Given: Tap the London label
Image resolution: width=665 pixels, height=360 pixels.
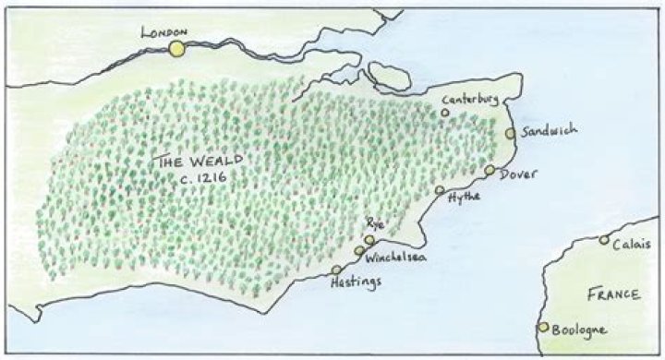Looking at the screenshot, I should pyautogui.click(x=164, y=31).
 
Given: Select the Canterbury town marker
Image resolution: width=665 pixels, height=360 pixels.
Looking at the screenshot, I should pyautogui.click(x=445, y=113).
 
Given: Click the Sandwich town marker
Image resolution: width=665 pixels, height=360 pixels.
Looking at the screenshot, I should pyautogui.click(x=511, y=133).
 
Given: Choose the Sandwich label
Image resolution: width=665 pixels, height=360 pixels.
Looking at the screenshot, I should pyautogui.click(x=549, y=130).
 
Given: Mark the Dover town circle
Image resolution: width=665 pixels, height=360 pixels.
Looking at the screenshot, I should pyautogui.click(x=490, y=170).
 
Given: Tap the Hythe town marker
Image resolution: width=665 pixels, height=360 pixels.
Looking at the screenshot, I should pyautogui.click(x=440, y=190).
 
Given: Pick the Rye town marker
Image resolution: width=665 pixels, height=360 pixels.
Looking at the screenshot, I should pyautogui.click(x=369, y=240).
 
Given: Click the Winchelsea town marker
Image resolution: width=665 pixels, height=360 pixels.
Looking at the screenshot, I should pyautogui.click(x=359, y=251).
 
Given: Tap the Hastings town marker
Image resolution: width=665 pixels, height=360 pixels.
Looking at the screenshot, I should pyautogui.click(x=336, y=270).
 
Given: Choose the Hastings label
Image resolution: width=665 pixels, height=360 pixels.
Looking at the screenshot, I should pyautogui.click(x=355, y=285).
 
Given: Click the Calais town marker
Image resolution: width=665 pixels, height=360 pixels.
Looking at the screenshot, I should pyautogui.click(x=604, y=240).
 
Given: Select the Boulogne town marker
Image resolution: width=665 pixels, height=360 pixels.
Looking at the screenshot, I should pyautogui.click(x=543, y=327).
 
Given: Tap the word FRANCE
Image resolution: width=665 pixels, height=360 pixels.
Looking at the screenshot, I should pyautogui.click(x=612, y=294).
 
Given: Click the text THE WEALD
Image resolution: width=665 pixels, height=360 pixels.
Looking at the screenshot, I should pyautogui.click(x=197, y=160).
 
